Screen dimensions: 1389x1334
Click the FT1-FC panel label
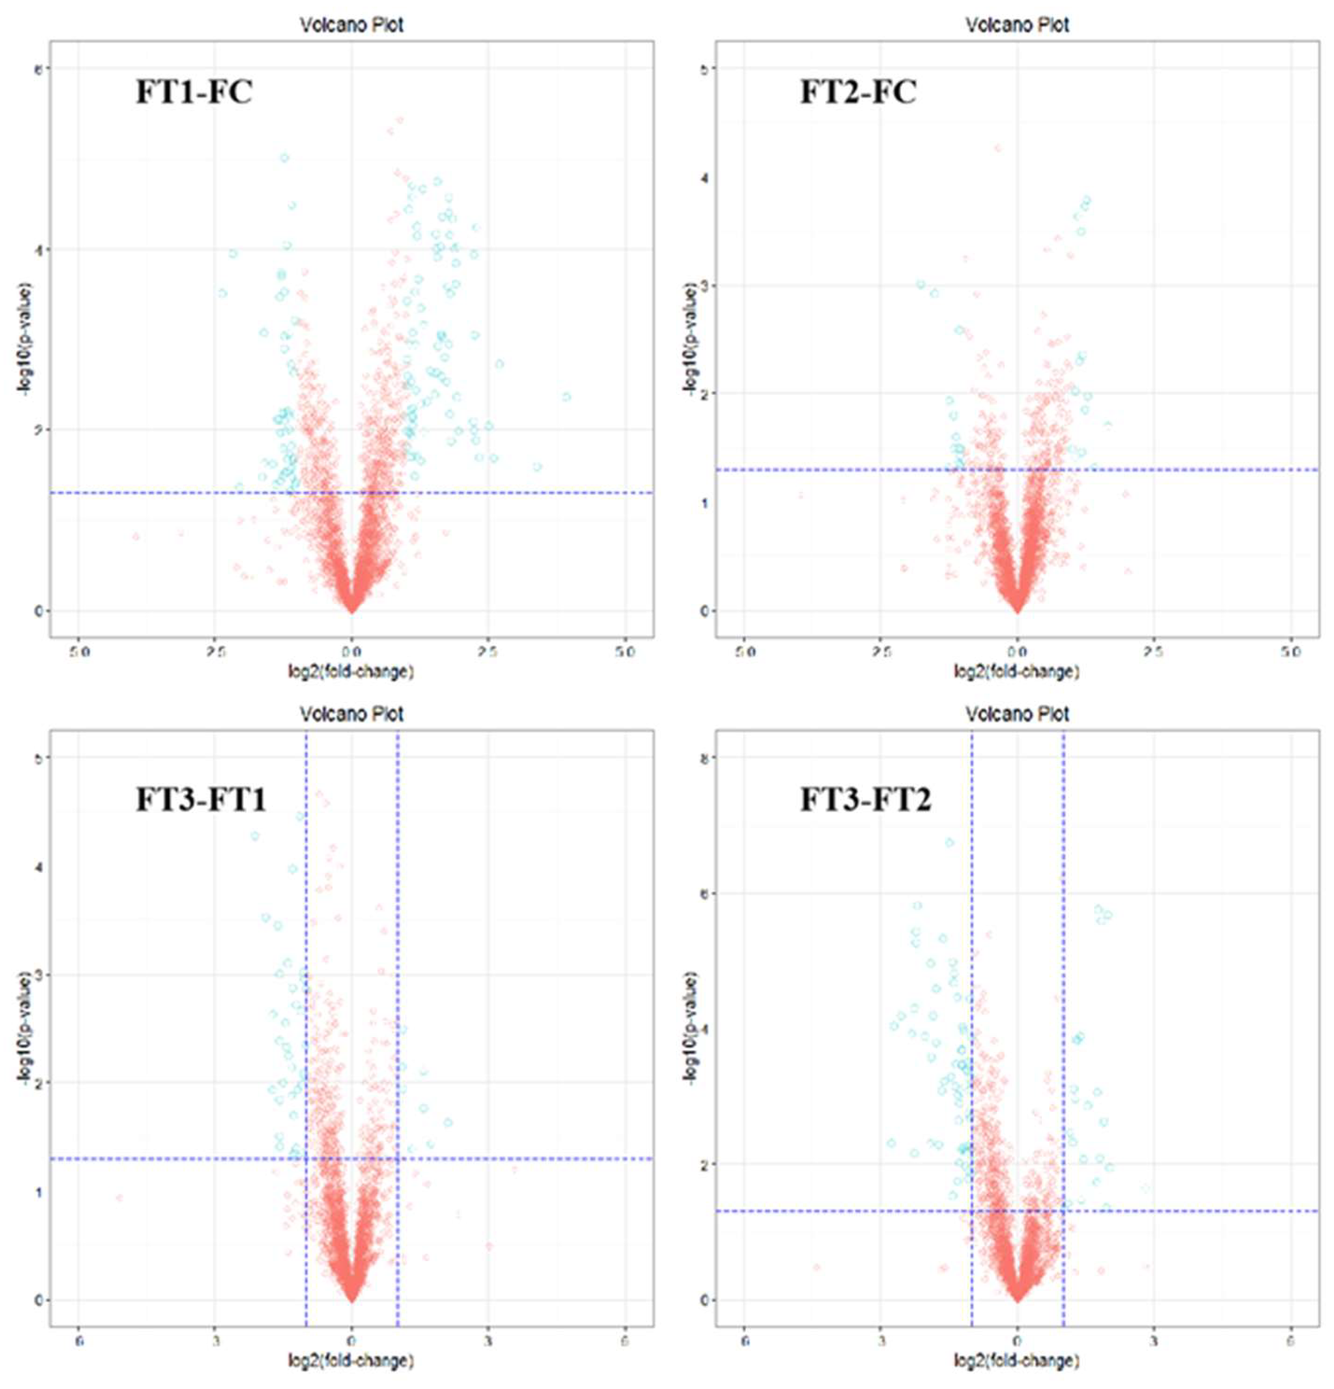pyautogui.click(x=194, y=92)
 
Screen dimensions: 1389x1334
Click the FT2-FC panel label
pyautogui.click(x=858, y=92)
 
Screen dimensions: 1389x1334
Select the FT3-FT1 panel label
pyautogui.click(x=201, y=800)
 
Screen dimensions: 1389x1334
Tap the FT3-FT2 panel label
pyautogui.click(x=866, y=800)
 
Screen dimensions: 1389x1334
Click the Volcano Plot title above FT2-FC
pyautogui.click(x=1017, y=25)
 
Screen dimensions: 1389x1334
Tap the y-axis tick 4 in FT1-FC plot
pyautogui.click(x=39, y=249)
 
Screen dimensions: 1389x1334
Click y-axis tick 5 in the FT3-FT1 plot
pyautogui.click(x=39, y=758)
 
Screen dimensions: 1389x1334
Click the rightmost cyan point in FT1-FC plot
pyautogui.click(x=566, y=397)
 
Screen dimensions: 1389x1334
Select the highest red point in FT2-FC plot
pyautogui.click(x=998, y=148)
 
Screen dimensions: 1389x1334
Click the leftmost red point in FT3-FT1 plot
pyautogui.click(x=119, y=1198)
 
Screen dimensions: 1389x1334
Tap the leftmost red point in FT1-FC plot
pyautogui.click(x=136, y=536)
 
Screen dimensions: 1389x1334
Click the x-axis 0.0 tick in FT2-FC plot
pyautogui.click(x=1017, y=651)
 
